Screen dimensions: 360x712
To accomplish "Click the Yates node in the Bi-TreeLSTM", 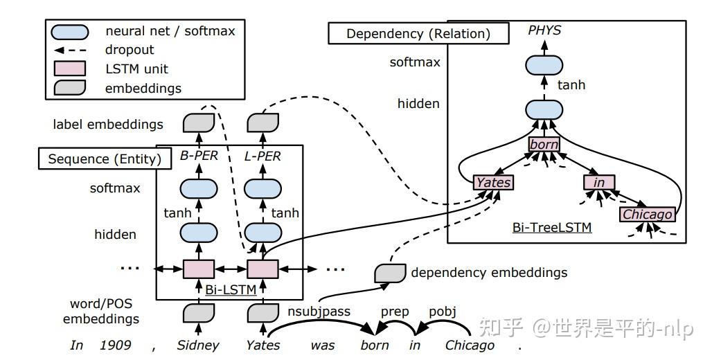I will tap(493, 183).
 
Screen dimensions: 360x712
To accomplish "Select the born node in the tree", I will tap(544, 145).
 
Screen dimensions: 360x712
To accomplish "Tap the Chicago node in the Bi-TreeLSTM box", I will tap(647, 214).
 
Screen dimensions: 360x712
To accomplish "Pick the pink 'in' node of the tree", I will tap(599, 183).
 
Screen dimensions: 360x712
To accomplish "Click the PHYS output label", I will tap(544, 30).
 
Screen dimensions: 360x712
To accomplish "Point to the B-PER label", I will tap(199, 156).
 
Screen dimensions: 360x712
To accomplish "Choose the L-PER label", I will tap(262, 156).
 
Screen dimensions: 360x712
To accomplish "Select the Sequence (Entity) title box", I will tap(104, 159).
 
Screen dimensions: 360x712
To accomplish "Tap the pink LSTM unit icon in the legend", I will tap(69, 69).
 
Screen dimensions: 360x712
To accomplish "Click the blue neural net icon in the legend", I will tap(70, 31).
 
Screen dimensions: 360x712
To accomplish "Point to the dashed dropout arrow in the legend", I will tap(69, 50).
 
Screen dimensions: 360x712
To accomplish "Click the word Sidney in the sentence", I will tap(197, 345).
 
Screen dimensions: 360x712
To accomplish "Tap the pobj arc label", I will tap(443, 312).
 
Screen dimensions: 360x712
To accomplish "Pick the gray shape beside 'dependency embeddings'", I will tap(389, 273).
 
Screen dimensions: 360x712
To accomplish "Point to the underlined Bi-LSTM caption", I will tap(231, 289).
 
